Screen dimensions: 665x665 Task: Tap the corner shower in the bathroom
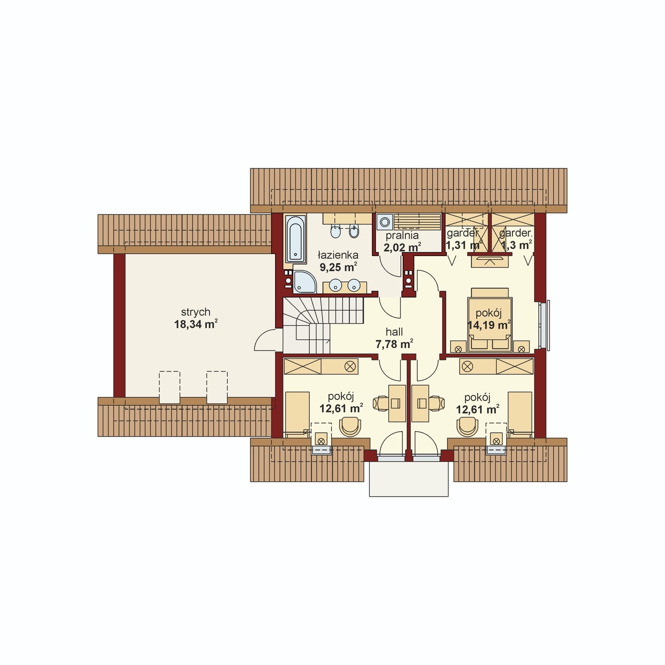(x=305, y=282)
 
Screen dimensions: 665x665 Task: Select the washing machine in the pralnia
(x=385, y=222)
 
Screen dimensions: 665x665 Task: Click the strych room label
(x=195, y=312)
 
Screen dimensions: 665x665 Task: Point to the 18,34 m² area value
(x=196, y=324)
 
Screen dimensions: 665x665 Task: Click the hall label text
(x=394, y=332)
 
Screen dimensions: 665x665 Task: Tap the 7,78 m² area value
(x=394, y=344)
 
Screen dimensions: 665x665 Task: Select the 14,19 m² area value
(x=489, y=325)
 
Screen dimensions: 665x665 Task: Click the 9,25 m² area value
(x=338, y=267)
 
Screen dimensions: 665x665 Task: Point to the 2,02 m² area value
(x=402, y=248)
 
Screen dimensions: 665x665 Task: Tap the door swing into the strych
(x=265, y=340)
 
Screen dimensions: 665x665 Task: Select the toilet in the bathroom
(x=354, y=231)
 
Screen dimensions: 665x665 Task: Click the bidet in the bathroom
(x=335, y=231)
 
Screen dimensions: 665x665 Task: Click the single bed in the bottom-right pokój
(x=520, y=414)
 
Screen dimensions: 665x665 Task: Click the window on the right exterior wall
(x=544, y=325)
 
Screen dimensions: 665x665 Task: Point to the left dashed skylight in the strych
(x=170, y=387)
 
